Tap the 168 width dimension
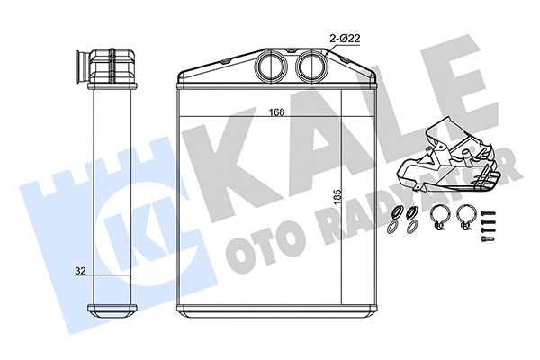click(276, 113)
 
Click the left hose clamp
click(439, 216)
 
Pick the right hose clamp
click(465, 216)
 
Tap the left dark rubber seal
click(398, 213)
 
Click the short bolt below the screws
click(488, 238)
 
